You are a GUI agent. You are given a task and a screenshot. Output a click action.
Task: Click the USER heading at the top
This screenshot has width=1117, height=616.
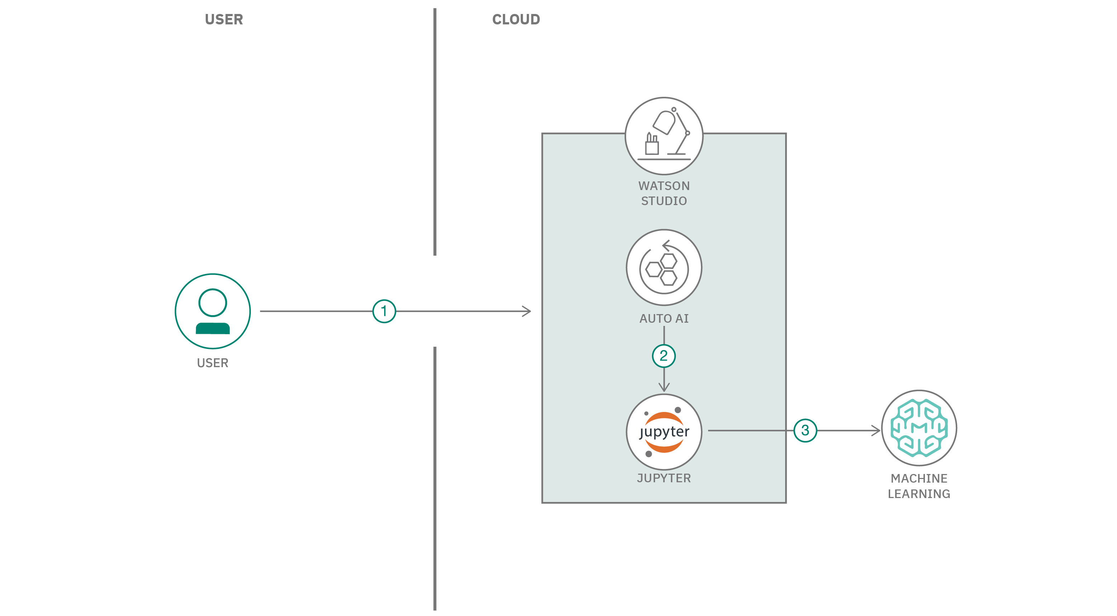[224, 19]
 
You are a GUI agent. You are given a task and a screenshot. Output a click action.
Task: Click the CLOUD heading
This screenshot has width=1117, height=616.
[516, 19]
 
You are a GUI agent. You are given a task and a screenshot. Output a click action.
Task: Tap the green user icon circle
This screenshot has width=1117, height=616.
[213, 311]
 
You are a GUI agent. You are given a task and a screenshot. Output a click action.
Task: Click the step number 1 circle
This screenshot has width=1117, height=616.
[384, 311]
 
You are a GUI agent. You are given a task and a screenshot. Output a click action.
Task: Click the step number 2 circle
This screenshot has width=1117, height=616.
[663, 356]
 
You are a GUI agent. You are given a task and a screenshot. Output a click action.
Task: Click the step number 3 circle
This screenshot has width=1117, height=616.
[805, 430]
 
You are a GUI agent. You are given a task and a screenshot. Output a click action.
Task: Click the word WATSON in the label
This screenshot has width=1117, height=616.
[664, 186]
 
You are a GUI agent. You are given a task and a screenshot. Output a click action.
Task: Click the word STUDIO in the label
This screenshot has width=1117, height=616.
[664, 201]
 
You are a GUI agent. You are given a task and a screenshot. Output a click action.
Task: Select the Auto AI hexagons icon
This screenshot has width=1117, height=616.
[664, 267]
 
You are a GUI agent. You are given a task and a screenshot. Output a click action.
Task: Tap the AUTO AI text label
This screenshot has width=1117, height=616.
[664, 318]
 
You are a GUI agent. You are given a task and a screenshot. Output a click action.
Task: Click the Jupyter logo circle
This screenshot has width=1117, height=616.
[664, 432]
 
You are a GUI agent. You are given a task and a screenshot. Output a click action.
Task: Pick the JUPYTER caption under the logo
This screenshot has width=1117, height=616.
[664, 478]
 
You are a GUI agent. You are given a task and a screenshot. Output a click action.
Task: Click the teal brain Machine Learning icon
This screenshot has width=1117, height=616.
[919, 428]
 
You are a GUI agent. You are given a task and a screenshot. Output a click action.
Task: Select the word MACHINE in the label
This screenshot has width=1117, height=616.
[919, 478]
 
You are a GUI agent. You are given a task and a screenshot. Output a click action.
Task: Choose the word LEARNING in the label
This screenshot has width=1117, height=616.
[919, 494]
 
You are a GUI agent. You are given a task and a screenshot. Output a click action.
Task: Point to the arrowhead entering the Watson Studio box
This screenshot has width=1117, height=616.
[527, 311]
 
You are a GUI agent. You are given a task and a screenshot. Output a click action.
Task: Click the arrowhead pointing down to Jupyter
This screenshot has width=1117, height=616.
[664, 387]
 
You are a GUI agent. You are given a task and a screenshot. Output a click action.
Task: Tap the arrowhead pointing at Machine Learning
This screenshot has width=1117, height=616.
[877, 430]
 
